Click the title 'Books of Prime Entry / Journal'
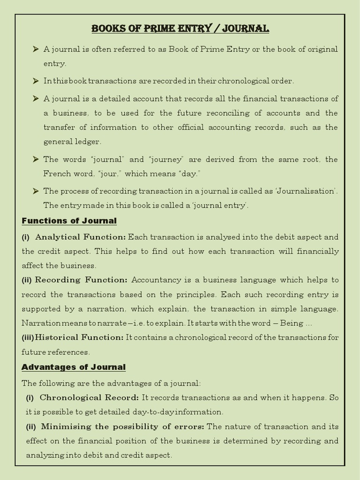pyautogui.click(x=180, y=29)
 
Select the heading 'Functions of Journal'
pyautogui.click(x=69, y=220)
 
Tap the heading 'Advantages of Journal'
pyautogui.click(x=74, y=367)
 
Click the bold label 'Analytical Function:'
pyautogui.click(x=80, y=237)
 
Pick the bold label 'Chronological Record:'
pyautogui.click(x=89, y=397)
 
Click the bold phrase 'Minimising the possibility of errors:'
pyautogui.click(x=122, y=427)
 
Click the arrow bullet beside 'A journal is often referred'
pyautogui.click(x=36, y=49)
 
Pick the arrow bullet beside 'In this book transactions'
pyautogui.click(x=36, y=81)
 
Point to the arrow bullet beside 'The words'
pyautogui.click(x=36, y=159)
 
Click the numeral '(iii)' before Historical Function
pyautogui.click(x=28, y=337)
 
